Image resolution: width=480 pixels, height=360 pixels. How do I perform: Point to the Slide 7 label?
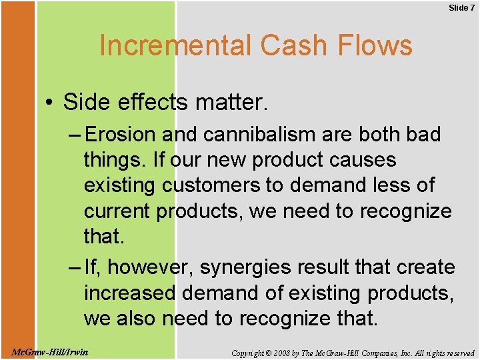click(x=461, y=7)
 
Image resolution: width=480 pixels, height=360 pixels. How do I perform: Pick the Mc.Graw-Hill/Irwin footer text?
click(x=50, y=351)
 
